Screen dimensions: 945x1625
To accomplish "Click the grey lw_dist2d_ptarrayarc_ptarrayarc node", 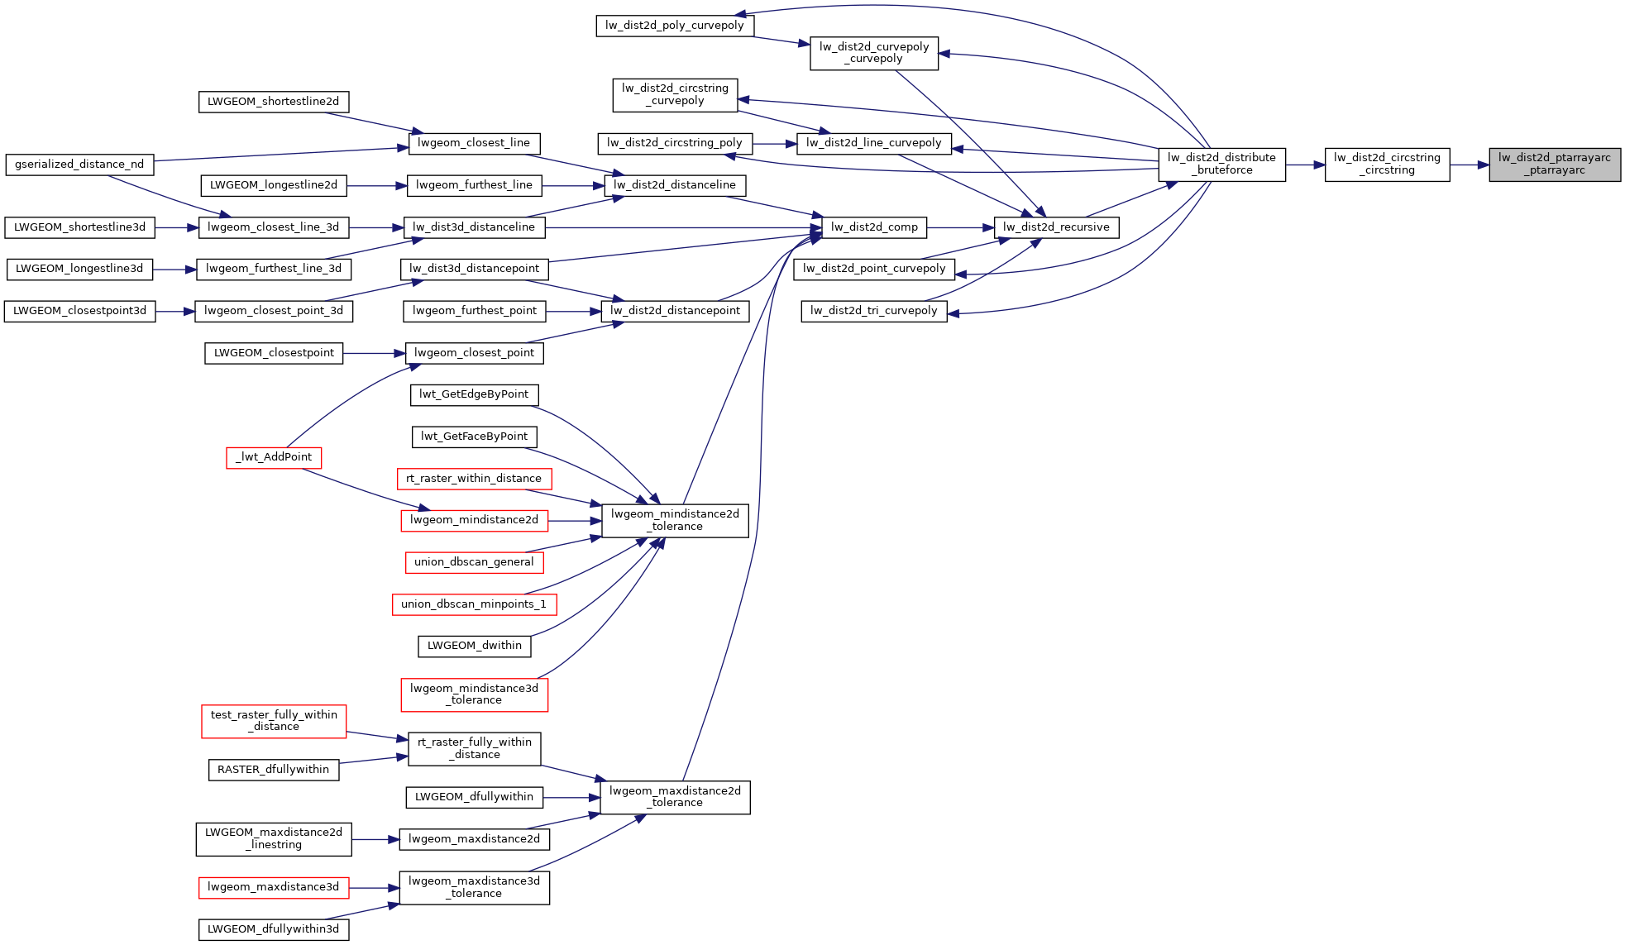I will (x=1554, y=165).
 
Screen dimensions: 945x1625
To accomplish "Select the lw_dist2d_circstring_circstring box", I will (x=1387, y=165).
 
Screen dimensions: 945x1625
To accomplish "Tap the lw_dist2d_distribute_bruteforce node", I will (x=1221, y=165).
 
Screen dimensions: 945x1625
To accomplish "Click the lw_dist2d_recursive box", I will (x=1056, y=227).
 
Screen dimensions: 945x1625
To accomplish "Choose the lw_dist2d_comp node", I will (x=874, y=227).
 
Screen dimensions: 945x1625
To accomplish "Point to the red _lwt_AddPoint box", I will (x=274, y=457).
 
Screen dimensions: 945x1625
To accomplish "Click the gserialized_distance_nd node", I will (x=79, y=165).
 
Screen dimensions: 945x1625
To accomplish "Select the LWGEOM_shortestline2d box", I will (x=274, y=102).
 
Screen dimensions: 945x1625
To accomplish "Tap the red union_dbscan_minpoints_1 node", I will (x=474, y=604).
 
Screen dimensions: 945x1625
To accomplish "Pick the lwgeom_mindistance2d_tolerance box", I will (x=675, y=520).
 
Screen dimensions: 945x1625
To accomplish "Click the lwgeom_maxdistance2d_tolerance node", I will (x=675, y=797).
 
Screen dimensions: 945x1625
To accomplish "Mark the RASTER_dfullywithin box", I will (x=274, y=770).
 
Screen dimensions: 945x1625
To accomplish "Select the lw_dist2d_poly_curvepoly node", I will (x=675, y=26).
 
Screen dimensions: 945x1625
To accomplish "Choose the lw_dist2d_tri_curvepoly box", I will (x=874, y=311).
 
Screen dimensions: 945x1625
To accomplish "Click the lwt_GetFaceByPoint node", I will (x=474, y=437).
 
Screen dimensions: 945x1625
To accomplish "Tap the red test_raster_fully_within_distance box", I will (x=274, y=721).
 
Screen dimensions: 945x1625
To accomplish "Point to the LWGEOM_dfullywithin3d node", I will (x=274, y=929).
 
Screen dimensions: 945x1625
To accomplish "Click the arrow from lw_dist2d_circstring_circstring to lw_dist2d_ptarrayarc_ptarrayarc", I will (x=1470, y=165).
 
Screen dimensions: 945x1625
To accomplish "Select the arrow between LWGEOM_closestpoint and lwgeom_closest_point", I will (x=374, y=353).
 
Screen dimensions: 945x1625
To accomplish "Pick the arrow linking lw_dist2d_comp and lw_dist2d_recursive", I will (x=960, y=227).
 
